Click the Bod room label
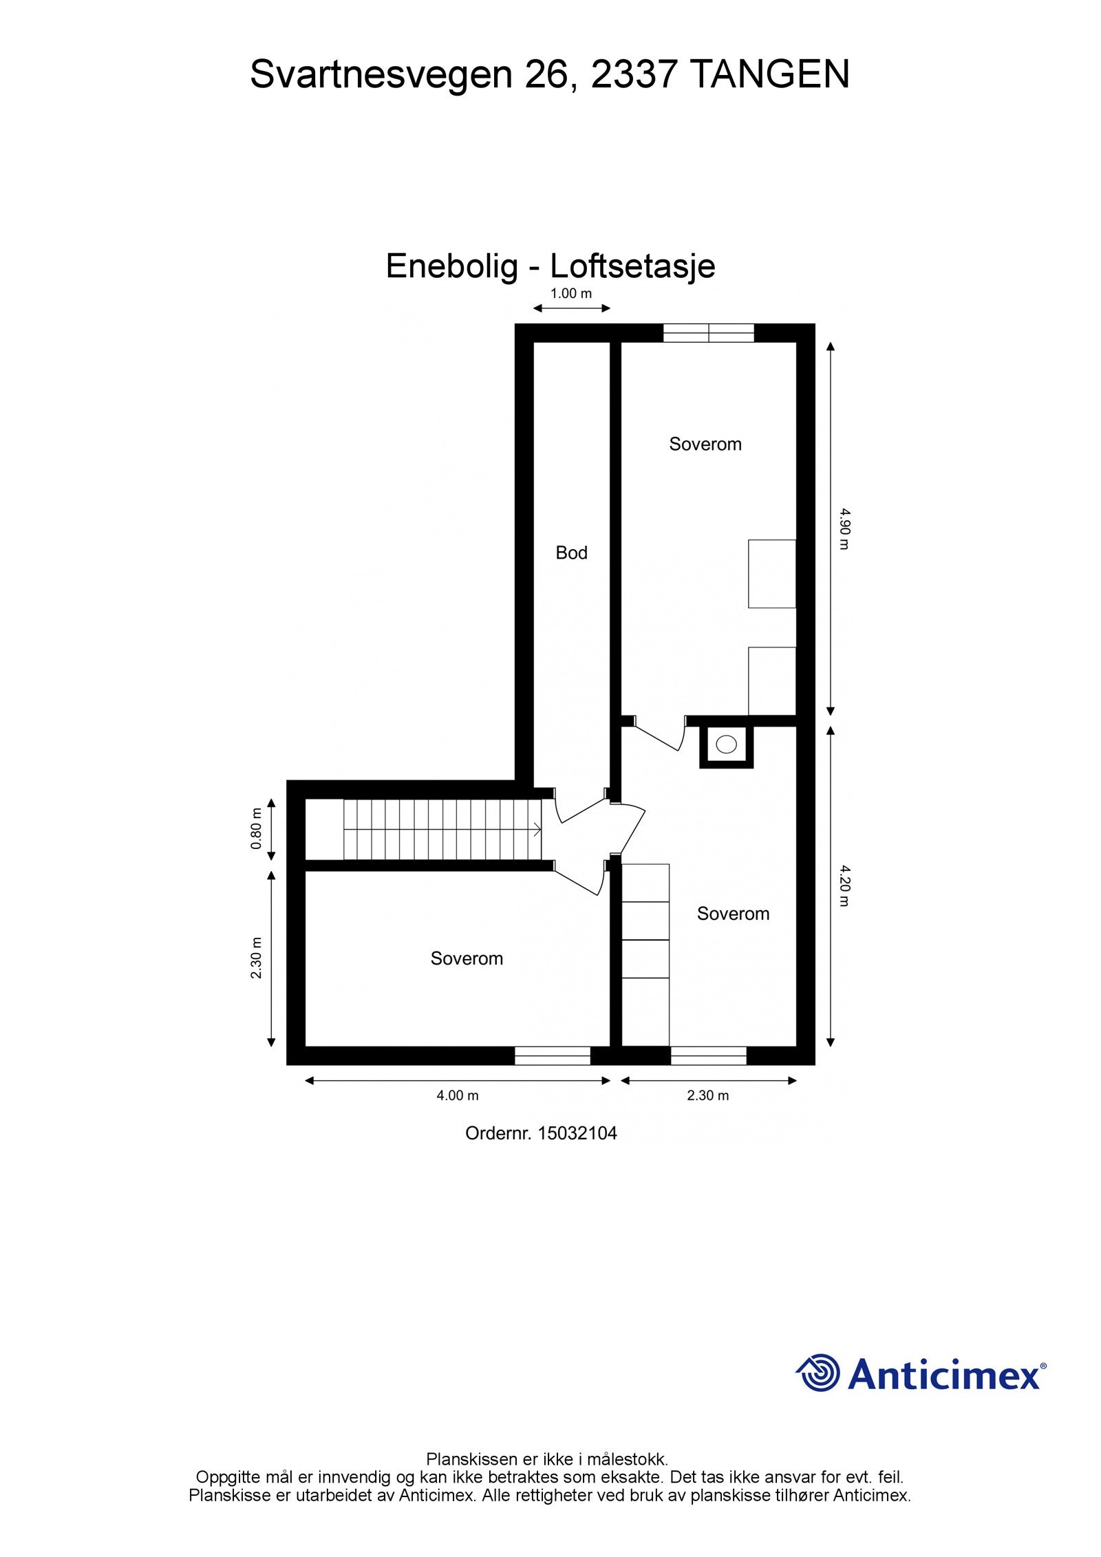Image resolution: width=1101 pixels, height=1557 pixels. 571,552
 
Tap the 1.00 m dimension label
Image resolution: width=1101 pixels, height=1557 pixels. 570,294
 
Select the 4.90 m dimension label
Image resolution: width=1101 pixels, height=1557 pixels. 844,528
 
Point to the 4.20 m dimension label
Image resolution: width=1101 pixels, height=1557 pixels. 844,886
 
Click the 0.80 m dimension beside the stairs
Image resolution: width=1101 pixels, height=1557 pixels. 257,828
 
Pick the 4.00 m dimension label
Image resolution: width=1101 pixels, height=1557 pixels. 458,1095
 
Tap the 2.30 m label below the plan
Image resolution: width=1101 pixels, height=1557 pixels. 707,1095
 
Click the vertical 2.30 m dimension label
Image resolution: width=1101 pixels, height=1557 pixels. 257,957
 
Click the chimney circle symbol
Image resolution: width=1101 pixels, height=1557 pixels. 726,744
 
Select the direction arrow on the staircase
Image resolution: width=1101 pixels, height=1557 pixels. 535,830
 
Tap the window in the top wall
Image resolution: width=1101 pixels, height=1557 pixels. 708,333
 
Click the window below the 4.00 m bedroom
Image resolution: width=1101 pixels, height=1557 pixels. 553,1055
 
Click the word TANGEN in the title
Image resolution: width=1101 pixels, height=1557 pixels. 769,74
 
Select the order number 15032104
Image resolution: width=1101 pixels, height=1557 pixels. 577,1133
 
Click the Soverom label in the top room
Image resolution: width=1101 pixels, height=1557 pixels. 705,444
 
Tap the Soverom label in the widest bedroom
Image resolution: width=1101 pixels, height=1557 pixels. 467,958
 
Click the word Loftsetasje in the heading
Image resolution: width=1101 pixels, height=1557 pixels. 632,266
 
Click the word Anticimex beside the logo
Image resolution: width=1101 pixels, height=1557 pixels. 944,1375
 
